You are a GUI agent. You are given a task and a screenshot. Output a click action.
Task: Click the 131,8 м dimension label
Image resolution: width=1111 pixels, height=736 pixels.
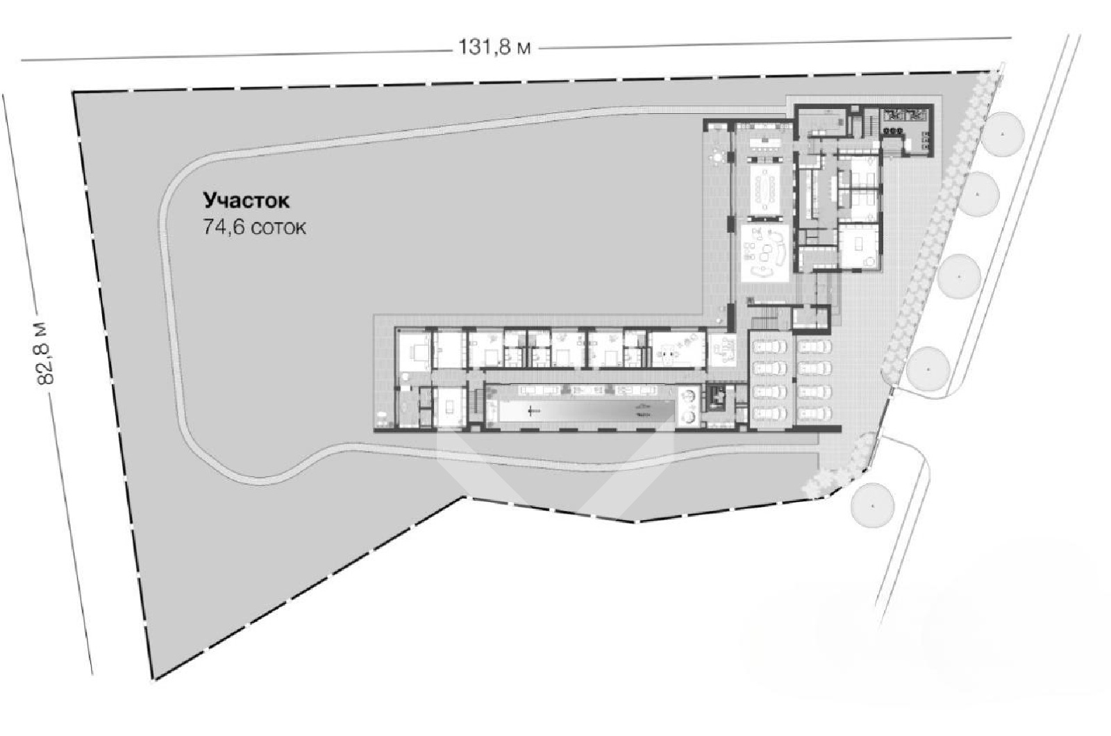pyautogui.click(x=494, y=48)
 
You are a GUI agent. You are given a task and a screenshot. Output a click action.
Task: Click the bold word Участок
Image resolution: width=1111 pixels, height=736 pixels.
pyautogui.click(x=246, y=201)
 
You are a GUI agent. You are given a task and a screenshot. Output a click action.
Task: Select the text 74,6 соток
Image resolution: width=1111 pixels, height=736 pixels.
pyautogui.click(x=254, y=227)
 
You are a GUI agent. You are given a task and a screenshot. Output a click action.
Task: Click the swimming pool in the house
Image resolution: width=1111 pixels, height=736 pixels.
pyautogui.click(x=587, y=411)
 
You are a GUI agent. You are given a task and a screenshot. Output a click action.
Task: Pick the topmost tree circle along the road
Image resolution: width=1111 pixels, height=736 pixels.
pyautogui.click(x=1003, y=135)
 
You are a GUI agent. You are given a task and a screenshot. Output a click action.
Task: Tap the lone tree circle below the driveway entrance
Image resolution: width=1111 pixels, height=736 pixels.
pyautogui.click(x=872, y=505)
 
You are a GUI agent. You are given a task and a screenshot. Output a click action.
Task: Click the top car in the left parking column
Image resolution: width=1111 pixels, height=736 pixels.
pyautogui.click(x=769, y=346)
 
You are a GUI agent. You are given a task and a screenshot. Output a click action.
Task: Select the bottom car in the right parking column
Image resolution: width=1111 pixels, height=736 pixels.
pyautogui.click(x=815, y=412)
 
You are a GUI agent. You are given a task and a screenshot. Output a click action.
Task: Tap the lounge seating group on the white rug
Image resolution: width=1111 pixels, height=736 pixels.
pyautogui.click(x=765, y=252)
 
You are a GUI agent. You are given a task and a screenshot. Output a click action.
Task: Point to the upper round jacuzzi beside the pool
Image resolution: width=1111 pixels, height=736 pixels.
pyautogui.click(x=688, y=395)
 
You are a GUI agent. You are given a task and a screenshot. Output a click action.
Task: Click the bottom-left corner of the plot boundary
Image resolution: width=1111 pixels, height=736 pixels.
pyautogui.click(x=153, y=678)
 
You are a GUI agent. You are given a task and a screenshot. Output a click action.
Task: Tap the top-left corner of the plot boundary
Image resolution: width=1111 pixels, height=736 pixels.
pyautogui.click(x=74, y=92)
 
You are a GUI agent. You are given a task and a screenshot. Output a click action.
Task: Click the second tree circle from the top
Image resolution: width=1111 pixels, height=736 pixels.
pyautogui.click(x=976, y=194)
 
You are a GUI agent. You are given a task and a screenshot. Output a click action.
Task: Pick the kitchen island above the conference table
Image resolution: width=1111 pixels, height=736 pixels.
pyautogui.click(x=766, y=143)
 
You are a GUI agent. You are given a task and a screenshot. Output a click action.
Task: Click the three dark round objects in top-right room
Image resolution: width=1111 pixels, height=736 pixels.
pyautogui.click(x=892, y=131)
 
